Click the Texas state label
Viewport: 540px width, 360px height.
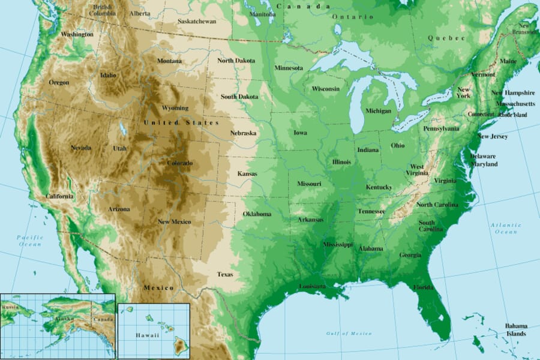pyautogui.click(x=225, y=275)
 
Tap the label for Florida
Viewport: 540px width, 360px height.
pyautogui.click(x=423, y=287)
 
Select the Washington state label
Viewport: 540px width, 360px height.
pyautogui.click(x=77, y=35)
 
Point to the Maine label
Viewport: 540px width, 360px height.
pyautogui.click(x=508, y=61)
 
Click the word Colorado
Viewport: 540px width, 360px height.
pyautogui.click(x=179, y=163)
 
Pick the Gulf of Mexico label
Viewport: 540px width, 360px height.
pyautogui.click(x=349, y=333)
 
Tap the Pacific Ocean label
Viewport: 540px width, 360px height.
pyautogui.click(x=29, y=241)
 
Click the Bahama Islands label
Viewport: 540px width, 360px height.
pyautogui.click(x=515, y=329)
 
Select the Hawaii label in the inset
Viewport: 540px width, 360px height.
pyautogui.click(x=147, y=335)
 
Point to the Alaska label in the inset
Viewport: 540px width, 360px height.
pyautogui.click(x=65, y=320)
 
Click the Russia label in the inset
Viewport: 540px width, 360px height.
pyautogui.click(x=10, y=308)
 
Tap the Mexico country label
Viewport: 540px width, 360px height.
pyautogui.click(x=158, y=288)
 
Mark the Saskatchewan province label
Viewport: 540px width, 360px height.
pyautogui.click(x=197, y=21)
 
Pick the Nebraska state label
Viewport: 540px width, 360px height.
pyautogui.click(x=243, y=133)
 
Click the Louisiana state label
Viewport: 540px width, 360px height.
pyautogui.click(x=313, y=286)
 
